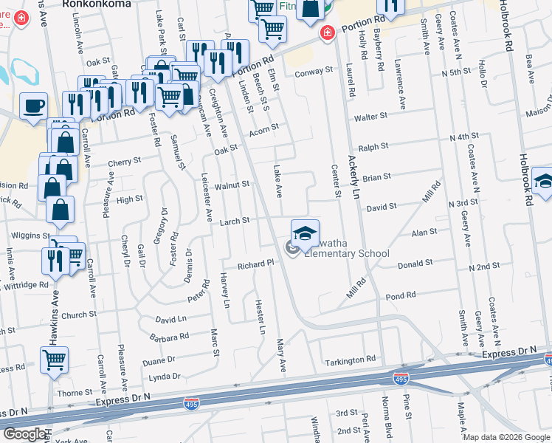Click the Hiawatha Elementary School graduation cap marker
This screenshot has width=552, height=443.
306,233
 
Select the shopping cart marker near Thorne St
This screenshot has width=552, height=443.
55,360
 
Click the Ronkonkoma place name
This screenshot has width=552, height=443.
97,4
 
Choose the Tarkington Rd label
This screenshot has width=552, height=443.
351,360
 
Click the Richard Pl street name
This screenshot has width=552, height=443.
255,265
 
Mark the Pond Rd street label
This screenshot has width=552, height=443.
401,296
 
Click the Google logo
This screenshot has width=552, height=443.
24,434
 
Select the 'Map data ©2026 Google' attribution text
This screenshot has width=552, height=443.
506,437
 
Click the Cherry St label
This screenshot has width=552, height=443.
124,162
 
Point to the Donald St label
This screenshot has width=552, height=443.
415,264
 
